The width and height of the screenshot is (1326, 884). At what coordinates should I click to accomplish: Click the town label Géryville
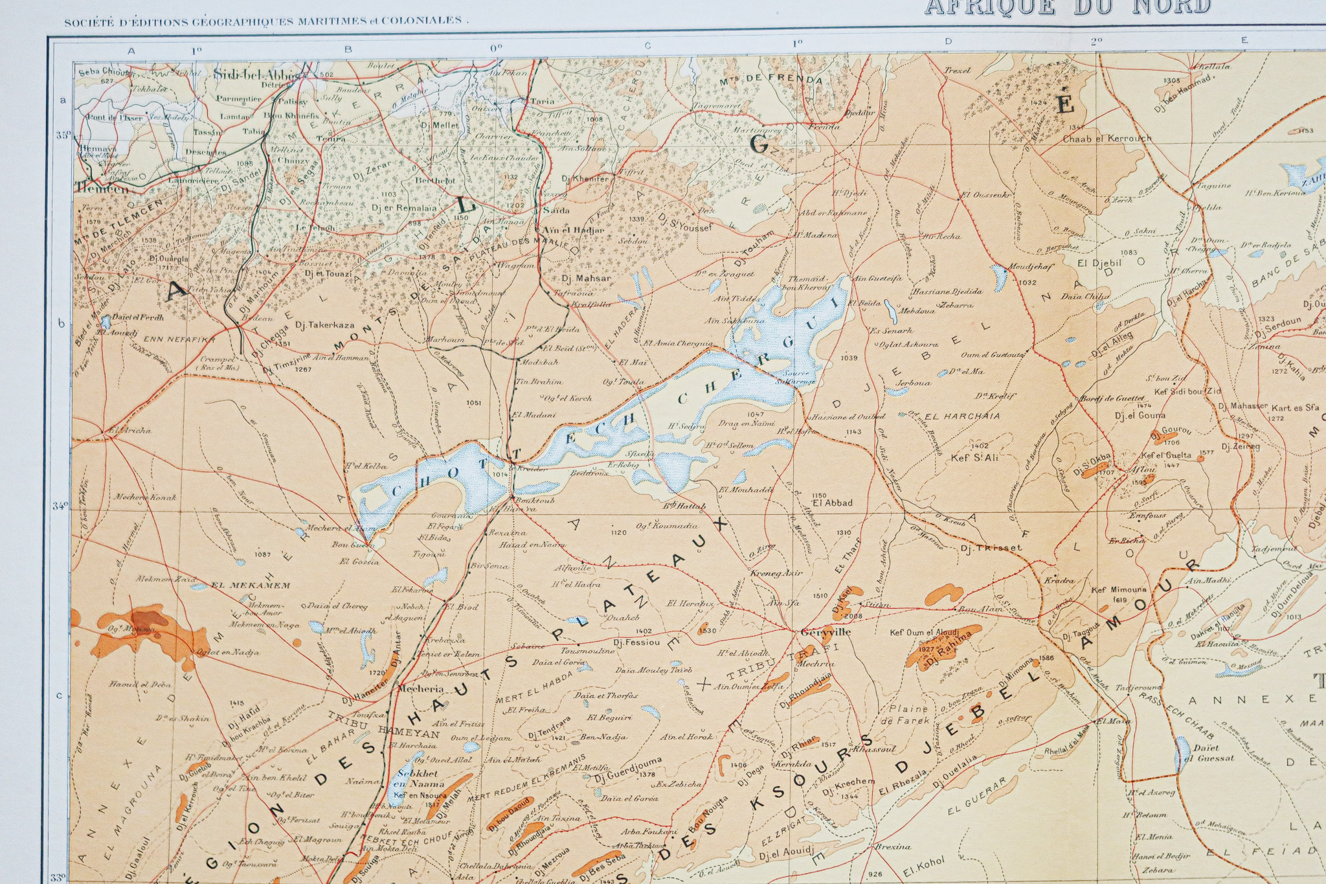coord(826,632)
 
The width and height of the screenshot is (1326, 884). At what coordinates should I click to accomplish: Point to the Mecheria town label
coord(421,689)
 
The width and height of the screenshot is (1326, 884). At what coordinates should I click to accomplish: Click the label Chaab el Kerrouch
coord(1107,139)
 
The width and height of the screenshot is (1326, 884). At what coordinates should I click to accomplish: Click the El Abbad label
coord(833,503)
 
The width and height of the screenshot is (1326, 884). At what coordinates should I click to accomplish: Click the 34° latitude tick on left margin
coord(60,506)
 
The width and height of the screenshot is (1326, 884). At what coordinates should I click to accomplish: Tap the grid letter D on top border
coord(948,41)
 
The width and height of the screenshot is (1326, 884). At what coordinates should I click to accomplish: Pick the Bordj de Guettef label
coord(1112,398)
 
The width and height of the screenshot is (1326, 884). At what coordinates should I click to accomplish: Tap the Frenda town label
coord(824,127)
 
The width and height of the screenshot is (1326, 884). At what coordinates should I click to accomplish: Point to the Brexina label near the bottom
coord(893,846)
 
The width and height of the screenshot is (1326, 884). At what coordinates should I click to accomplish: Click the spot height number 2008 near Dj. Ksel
coord(853,616)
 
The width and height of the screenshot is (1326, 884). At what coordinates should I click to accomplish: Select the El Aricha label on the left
coord(129,430)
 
